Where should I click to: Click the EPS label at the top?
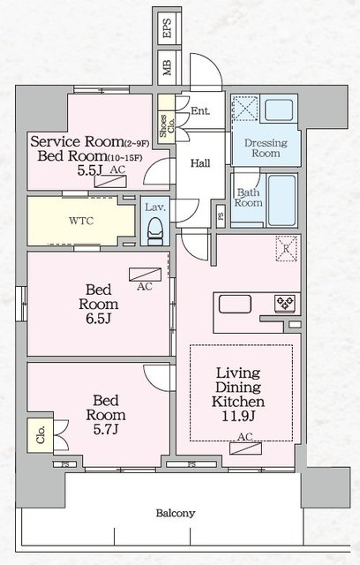pos(167,28)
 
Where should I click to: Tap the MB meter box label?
pos(167,67)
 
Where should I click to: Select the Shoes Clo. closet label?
pos(167,126)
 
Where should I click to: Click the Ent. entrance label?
pos(200,110)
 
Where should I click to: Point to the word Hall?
pos(200,163)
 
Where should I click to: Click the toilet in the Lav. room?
pos(155,231)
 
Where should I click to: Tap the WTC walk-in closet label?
pos(81,221)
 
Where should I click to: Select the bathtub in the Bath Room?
pos(282,200)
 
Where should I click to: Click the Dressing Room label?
pos(266,148)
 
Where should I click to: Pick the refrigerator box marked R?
pos(286,248)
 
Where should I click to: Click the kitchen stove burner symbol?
pos(285,303)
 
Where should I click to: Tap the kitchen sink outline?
pos(235,304)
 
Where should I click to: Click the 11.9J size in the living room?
pos(238,417)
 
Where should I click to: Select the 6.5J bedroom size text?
pos(98,319)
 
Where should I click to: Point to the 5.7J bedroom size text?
pos(106,430)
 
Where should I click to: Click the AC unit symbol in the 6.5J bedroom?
pos(145,275)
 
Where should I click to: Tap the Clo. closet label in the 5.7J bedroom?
pos(41,435)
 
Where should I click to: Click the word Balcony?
pos(176,513)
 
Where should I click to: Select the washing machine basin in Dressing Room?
pos(279,109)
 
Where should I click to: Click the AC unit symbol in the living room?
pos(245,448)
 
